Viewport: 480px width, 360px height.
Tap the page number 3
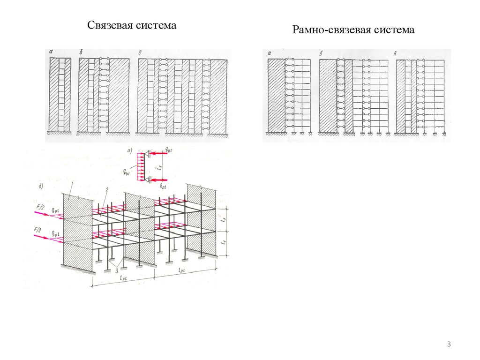point(449,345)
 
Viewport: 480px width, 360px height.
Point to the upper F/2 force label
point(39,206)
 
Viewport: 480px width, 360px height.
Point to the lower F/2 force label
point(39,230)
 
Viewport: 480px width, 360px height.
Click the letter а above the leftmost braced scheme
point(51,52)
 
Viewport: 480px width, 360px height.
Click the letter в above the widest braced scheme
point(141,52)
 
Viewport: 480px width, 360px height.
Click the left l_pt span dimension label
point(123,277)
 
